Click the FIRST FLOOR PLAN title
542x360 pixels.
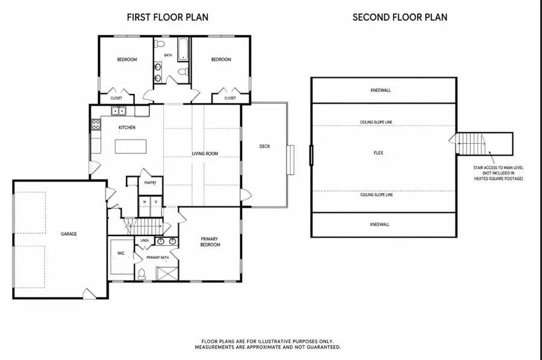tap(167, 17)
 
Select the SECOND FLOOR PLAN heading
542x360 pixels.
tap(399, 17)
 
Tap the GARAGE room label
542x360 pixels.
tap(69, 234)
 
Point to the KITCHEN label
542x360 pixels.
tap(126, 128)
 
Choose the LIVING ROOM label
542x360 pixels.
tap(205, 154)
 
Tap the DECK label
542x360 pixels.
tap(264, 146)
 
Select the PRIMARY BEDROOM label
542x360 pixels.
tap(210, 242)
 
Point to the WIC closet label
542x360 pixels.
tap(120, 253)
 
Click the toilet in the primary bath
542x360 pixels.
tap(142, 274)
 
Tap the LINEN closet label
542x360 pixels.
tap(145, 241)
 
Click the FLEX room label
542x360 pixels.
tap(379, 153)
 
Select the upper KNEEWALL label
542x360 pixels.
tap(380, 90)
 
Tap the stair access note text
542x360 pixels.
tap(497, 173)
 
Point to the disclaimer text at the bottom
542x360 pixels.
tap(267, 344)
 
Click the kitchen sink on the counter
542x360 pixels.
tap(118, 111)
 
